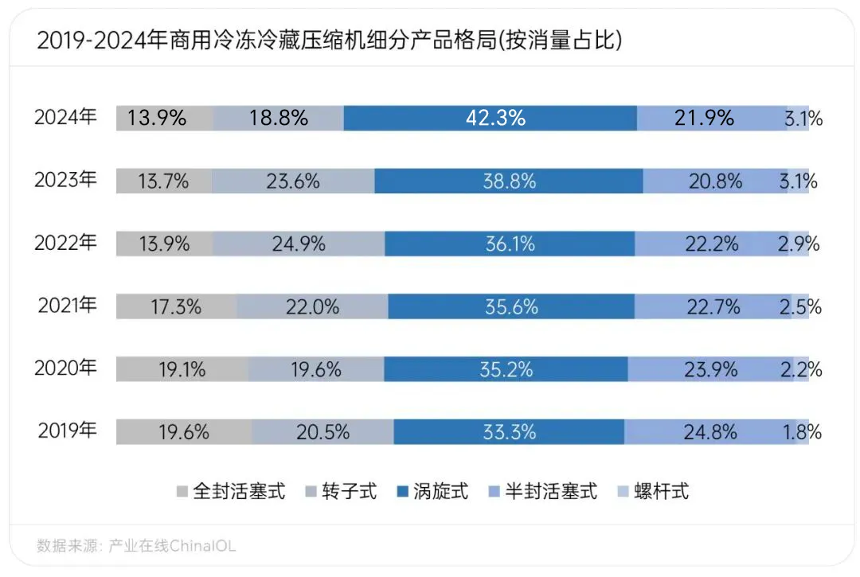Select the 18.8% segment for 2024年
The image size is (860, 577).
tap(278, 118)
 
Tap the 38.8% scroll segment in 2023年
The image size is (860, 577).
tap(509, 181)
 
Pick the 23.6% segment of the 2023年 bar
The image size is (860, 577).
tap(293, 181)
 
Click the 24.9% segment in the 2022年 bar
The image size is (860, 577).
tap(299, 244)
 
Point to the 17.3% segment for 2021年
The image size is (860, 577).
tap(176, 306)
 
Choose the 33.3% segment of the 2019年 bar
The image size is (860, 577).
tap(509, 432)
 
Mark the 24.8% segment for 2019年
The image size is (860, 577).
tap(709, 432)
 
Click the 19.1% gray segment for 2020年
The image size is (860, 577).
tap(182, 369)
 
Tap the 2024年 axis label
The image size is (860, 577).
tap(65, 118)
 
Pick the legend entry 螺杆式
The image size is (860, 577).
tap(653, 491)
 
